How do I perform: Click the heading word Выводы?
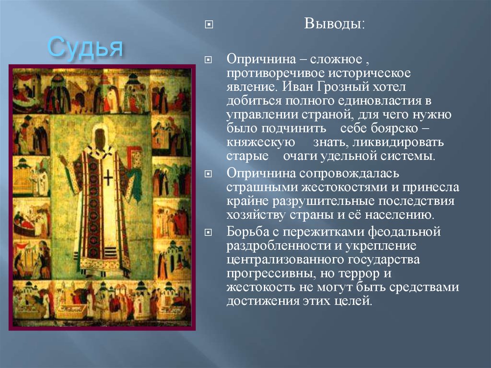pyautogui.click(x=334, y=24)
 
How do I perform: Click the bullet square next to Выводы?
pyautogui.click(x=208, y=24)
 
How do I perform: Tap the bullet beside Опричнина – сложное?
pyautogui.click(x=208, y=61)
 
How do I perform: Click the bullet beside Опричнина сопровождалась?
pyautogui.click(x=208, y=173)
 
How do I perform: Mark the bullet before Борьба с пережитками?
pyautogui.click(x=208, y=233)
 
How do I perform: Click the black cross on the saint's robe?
pyautogui.click(x=108, y=179)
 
